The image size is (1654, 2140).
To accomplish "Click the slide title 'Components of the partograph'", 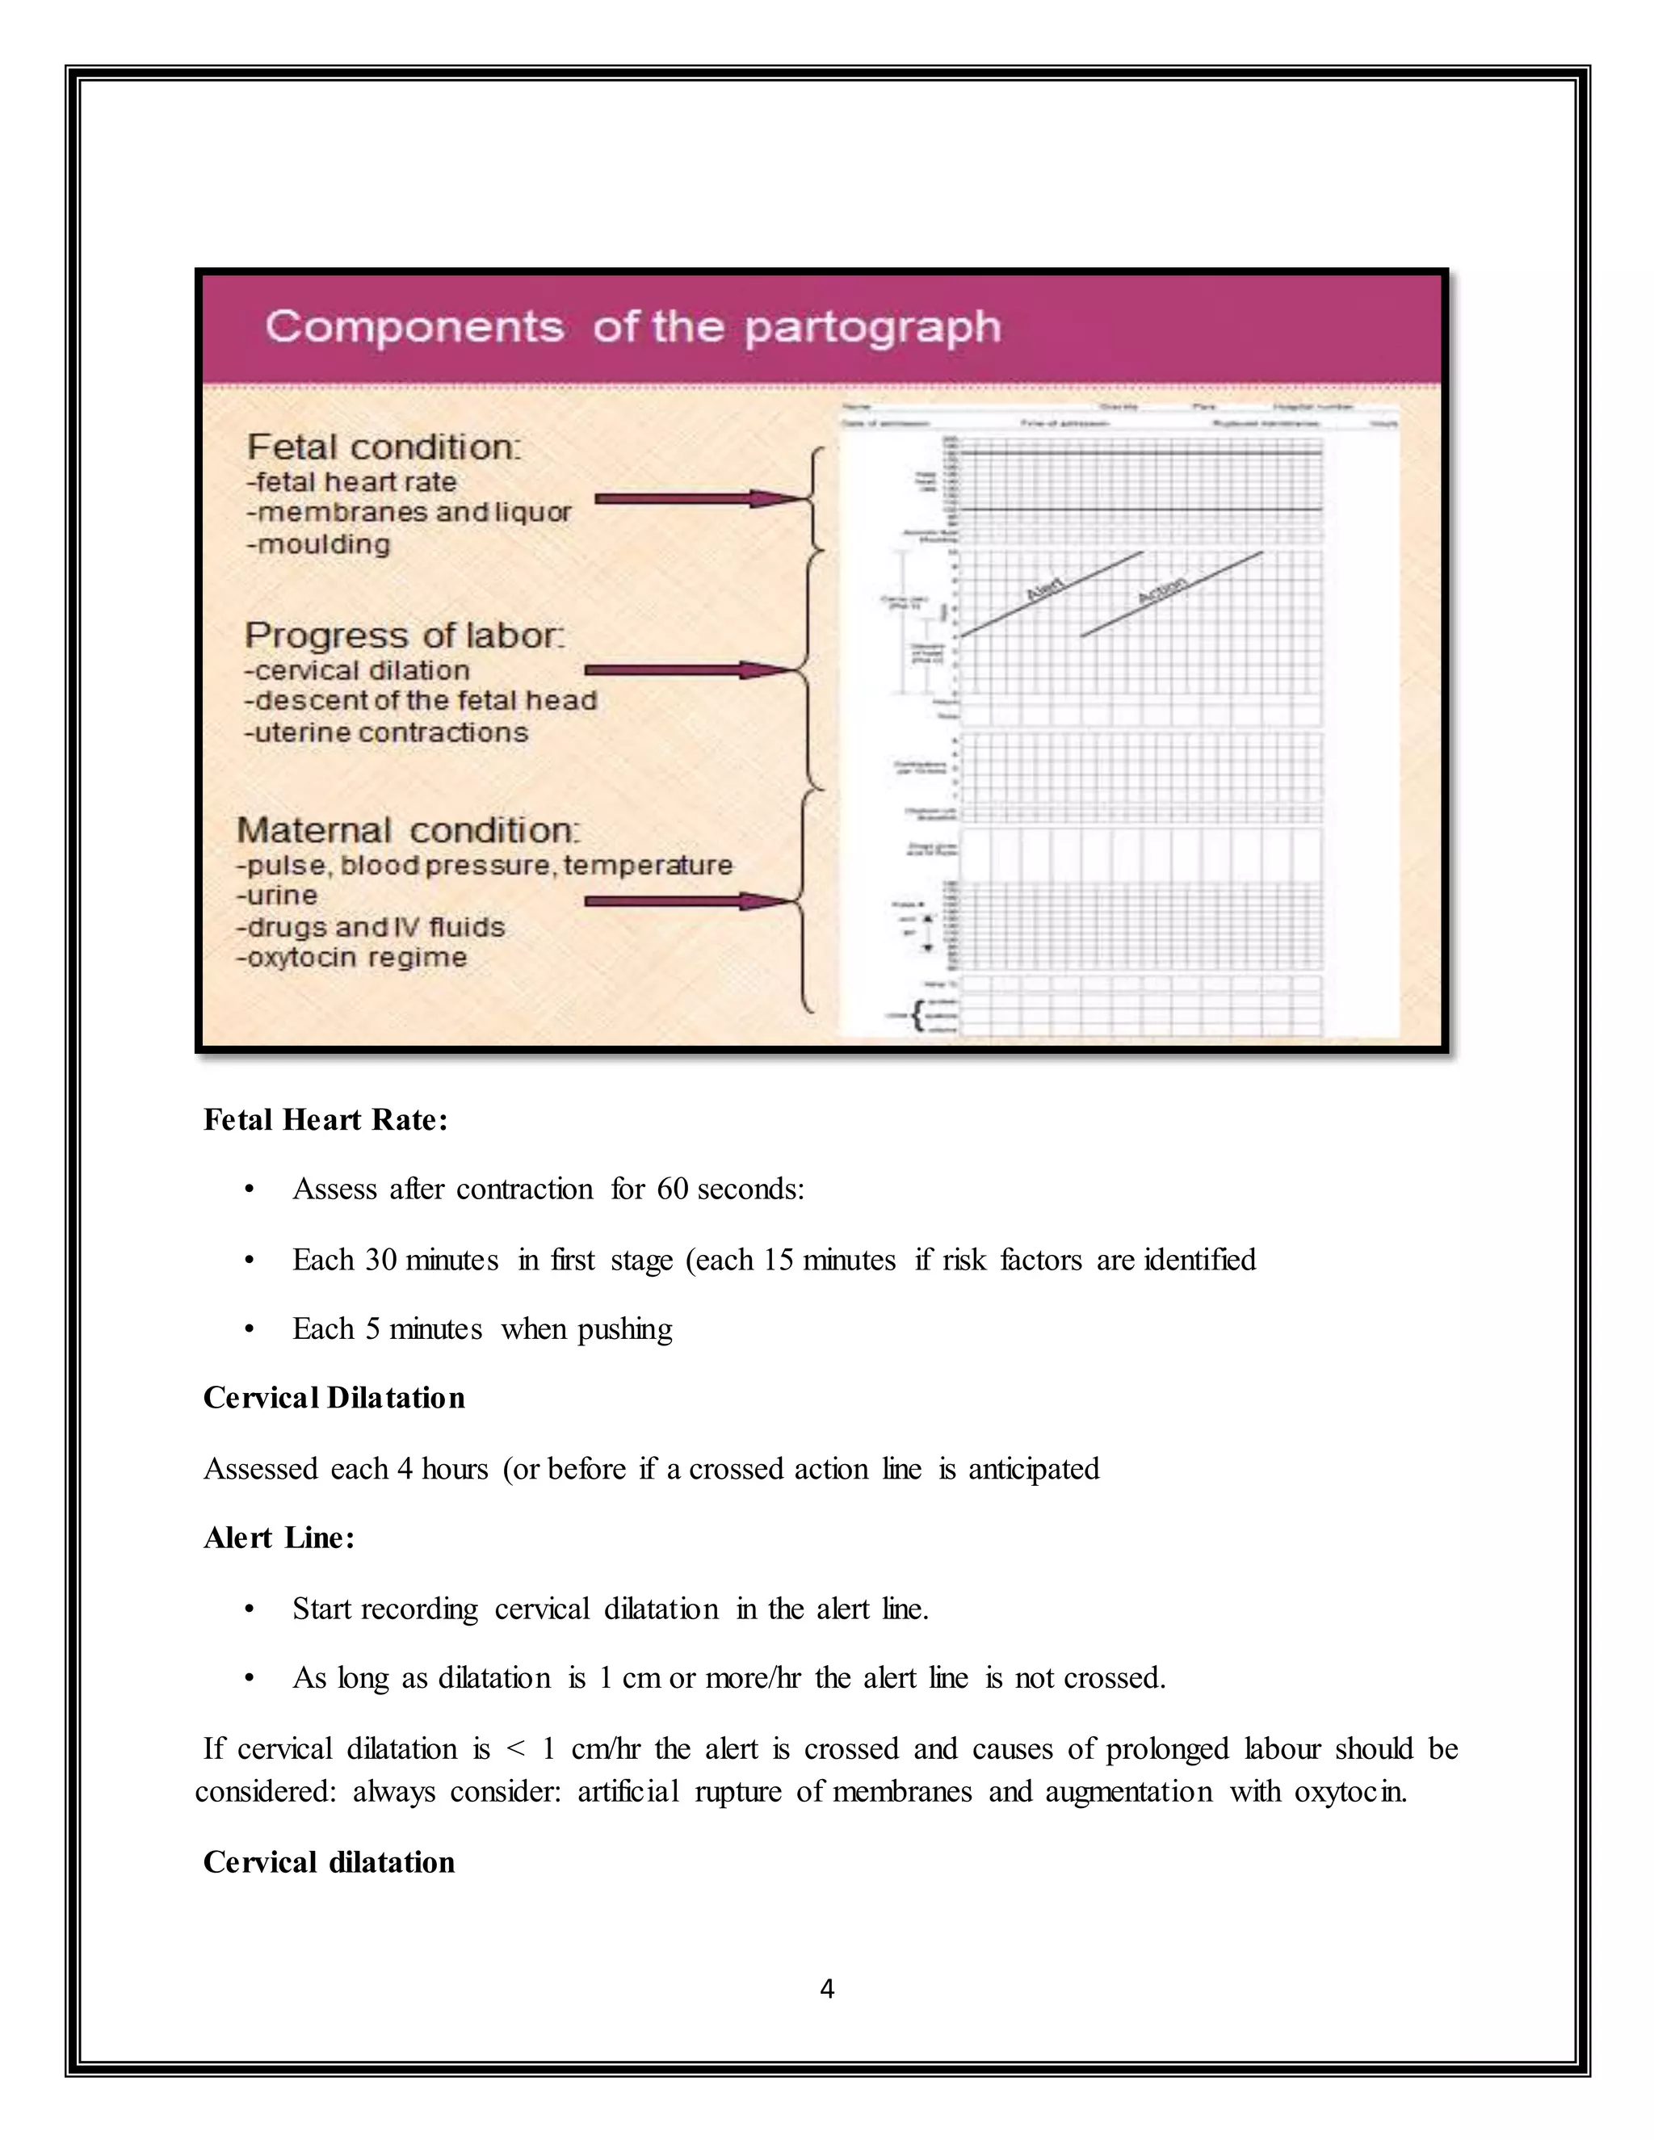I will click(x=633, y=326).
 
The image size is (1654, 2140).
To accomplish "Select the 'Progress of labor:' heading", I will click(x=404, y=635).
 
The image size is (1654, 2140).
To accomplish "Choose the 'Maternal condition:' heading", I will click(x=408, y=830).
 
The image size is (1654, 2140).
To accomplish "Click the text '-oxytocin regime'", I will click(x=352, y=957).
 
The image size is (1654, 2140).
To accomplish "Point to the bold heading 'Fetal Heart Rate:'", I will click(x=325, y=1120).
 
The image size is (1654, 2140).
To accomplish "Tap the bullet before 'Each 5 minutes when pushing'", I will click(x=250, y=1330).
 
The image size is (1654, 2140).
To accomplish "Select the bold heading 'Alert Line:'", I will click(x=279, y=1538).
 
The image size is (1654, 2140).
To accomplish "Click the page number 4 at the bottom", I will click(x=827, y=1989).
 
